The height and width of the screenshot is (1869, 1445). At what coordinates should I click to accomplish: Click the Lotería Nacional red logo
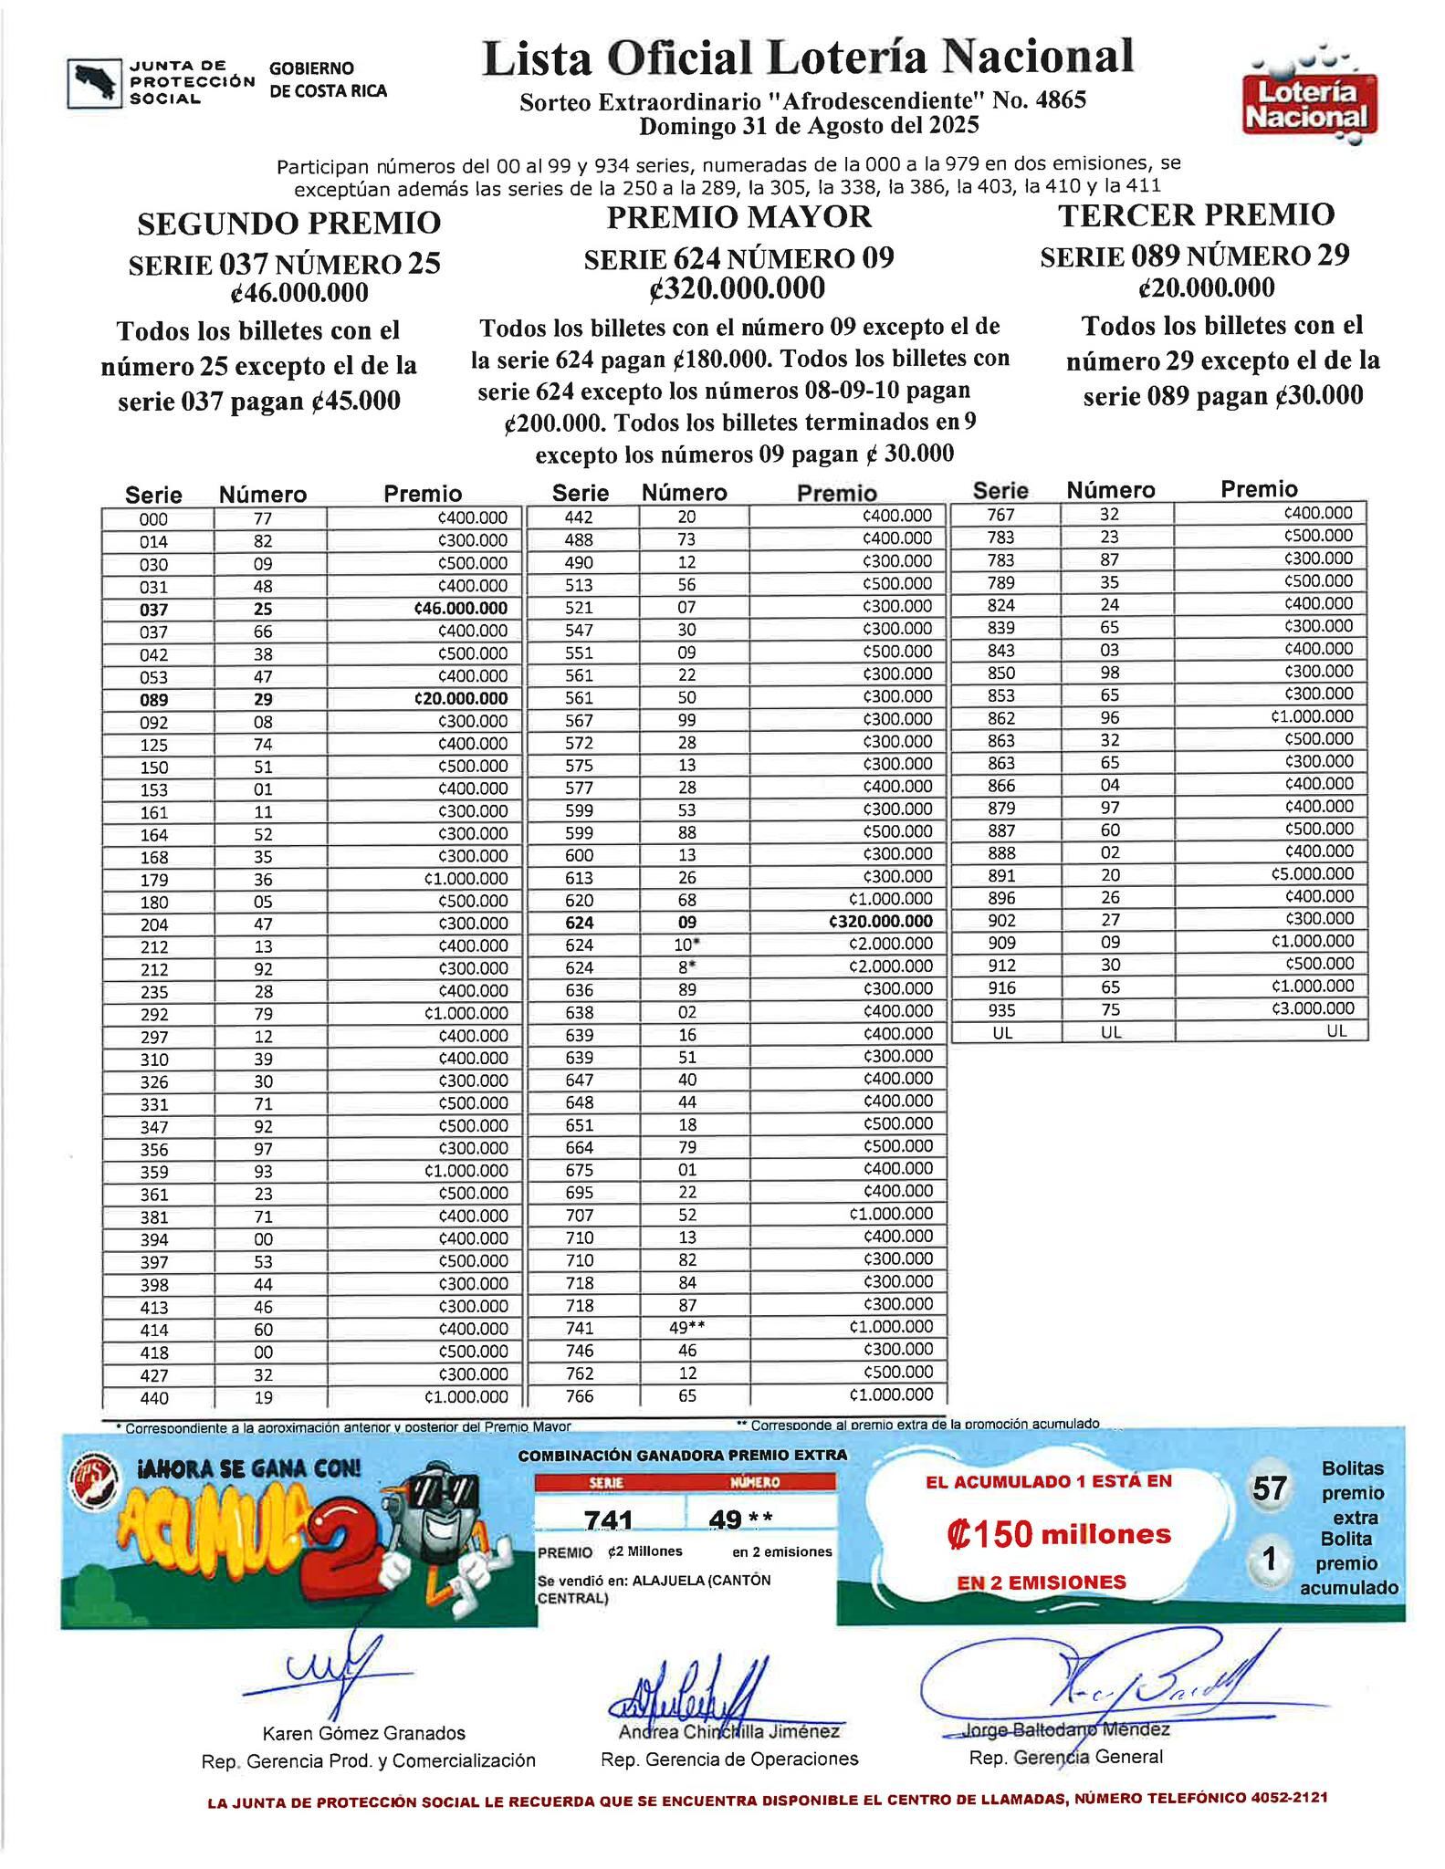point(1310,103)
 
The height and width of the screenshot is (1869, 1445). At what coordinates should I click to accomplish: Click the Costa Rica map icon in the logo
point(94,83)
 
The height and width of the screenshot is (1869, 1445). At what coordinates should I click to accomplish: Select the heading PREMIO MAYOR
point(738,217)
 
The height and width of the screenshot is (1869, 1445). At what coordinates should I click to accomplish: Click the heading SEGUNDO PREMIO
point(288,223)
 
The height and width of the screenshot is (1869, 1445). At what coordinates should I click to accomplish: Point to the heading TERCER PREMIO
point(1196,215)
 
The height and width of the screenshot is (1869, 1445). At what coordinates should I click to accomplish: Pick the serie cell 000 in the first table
point(154,519)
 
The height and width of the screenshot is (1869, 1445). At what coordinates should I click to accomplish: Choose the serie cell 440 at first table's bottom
point(154,1397)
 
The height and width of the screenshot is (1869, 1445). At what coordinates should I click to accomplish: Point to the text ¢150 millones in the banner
point(1058,1534)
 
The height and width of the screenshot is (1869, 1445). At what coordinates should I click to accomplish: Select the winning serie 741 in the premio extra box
point(608,1519)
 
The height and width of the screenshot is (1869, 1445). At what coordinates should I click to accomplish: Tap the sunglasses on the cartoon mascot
point(437,1494)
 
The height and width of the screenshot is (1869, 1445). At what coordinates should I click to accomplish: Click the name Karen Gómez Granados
point(363,1733)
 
